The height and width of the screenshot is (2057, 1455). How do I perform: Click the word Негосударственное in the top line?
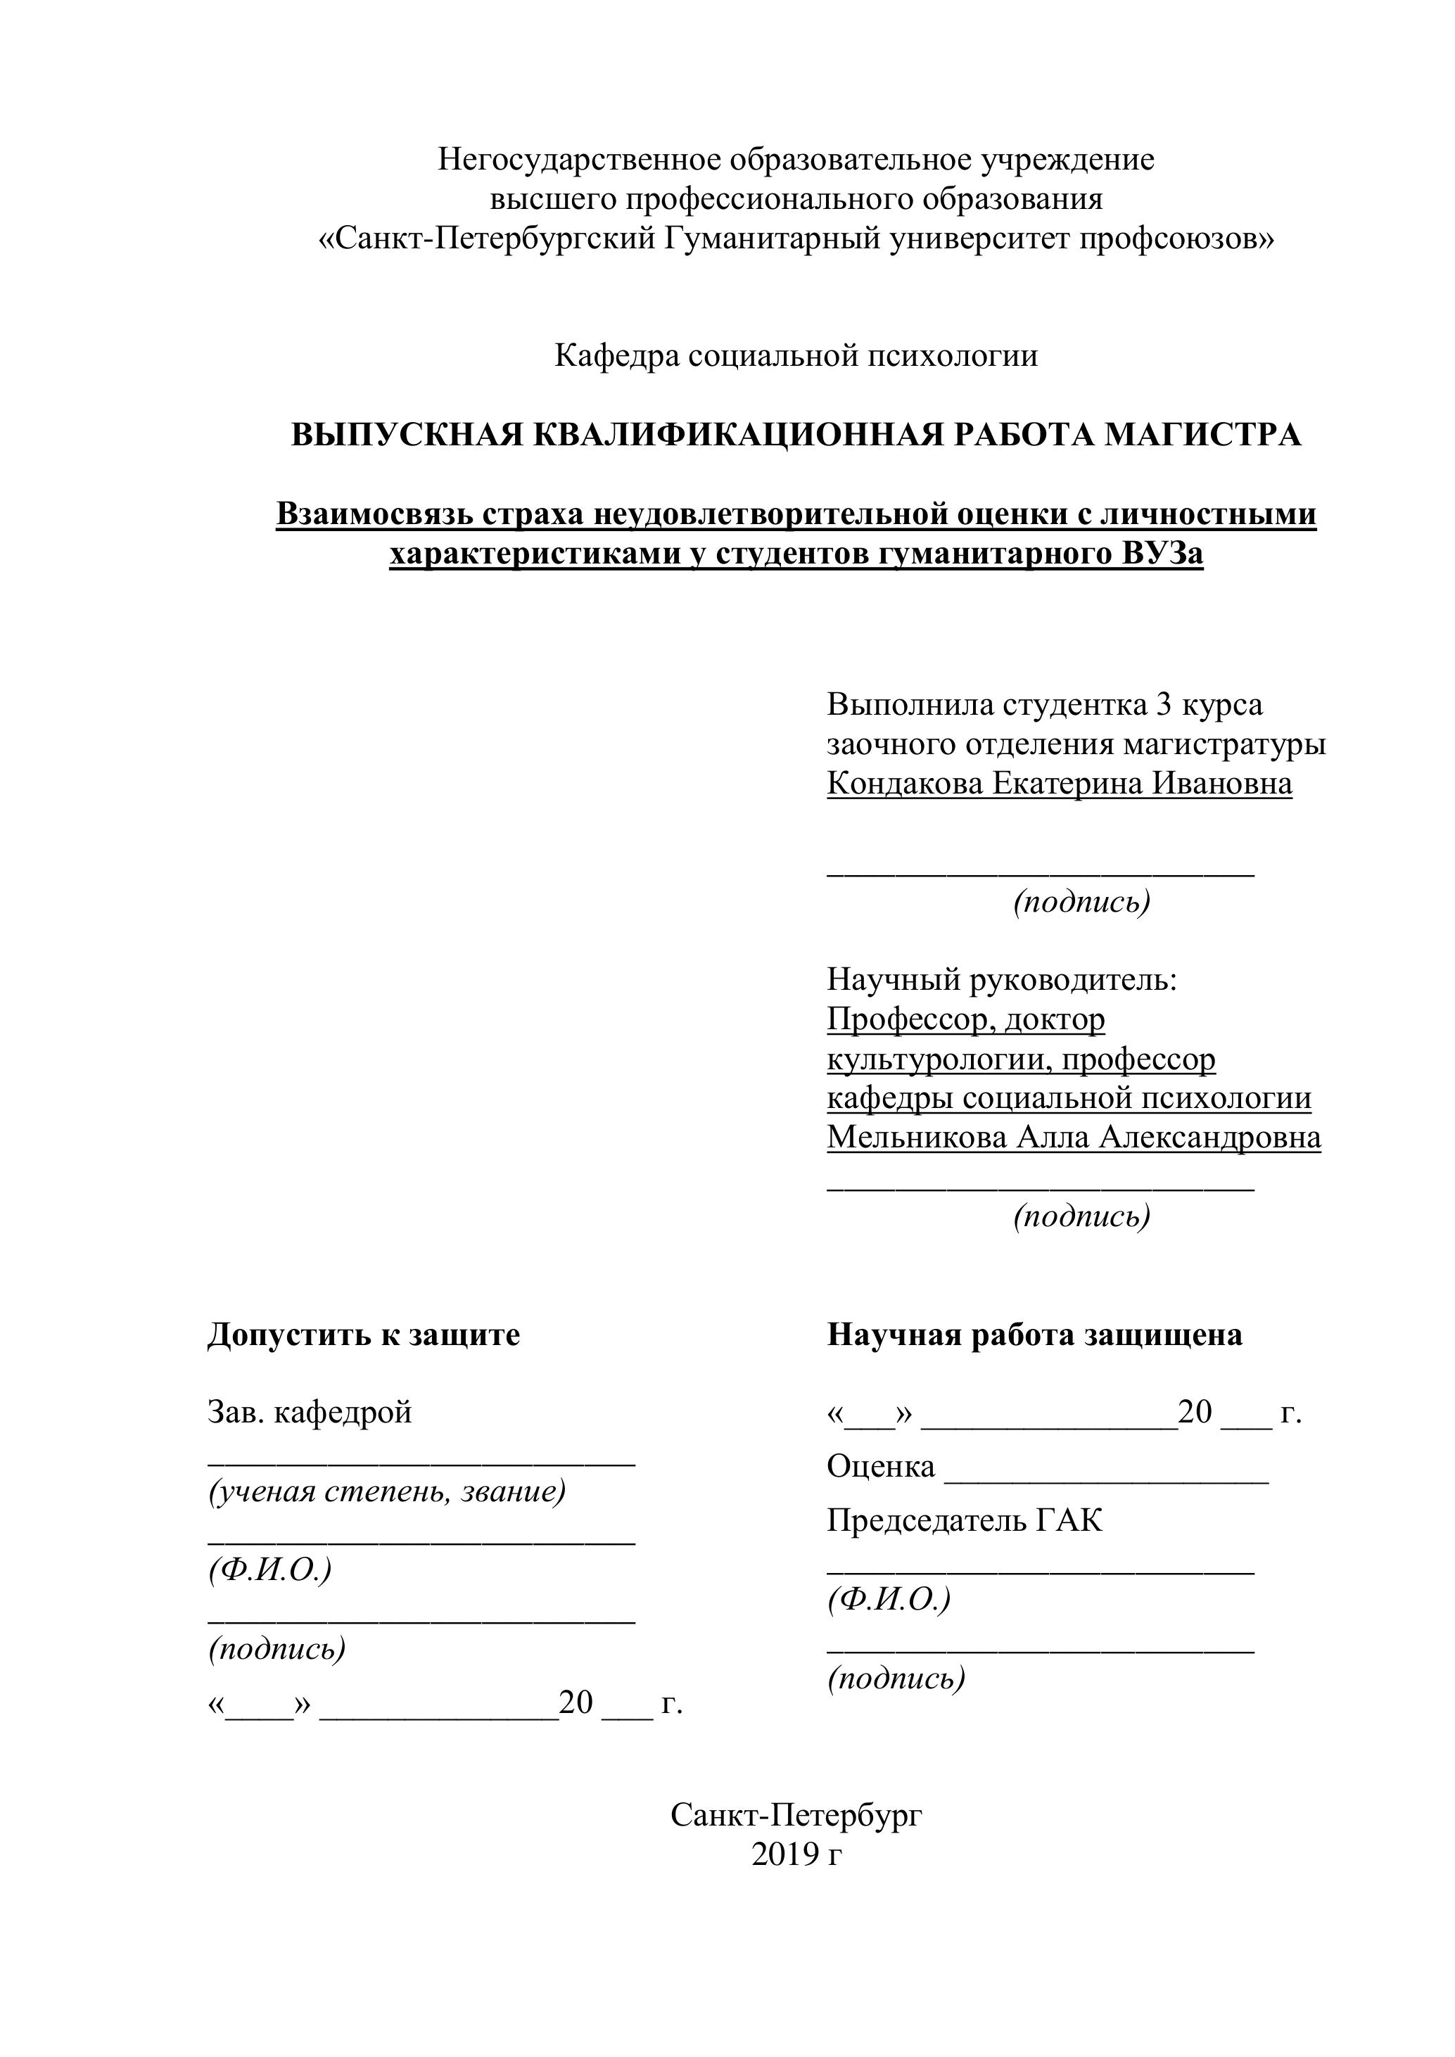[x=579, y=160]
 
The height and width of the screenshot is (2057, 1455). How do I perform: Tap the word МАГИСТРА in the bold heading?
[x=1202, y=435]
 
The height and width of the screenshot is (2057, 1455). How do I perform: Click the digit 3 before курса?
[x=1164, y=705]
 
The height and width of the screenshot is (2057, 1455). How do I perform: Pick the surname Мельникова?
[x=915, y=1137]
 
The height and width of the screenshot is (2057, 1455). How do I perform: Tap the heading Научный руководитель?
[x=1000, y=979]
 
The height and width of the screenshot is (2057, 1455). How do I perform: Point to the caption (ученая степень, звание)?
[x=387, y=1491]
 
